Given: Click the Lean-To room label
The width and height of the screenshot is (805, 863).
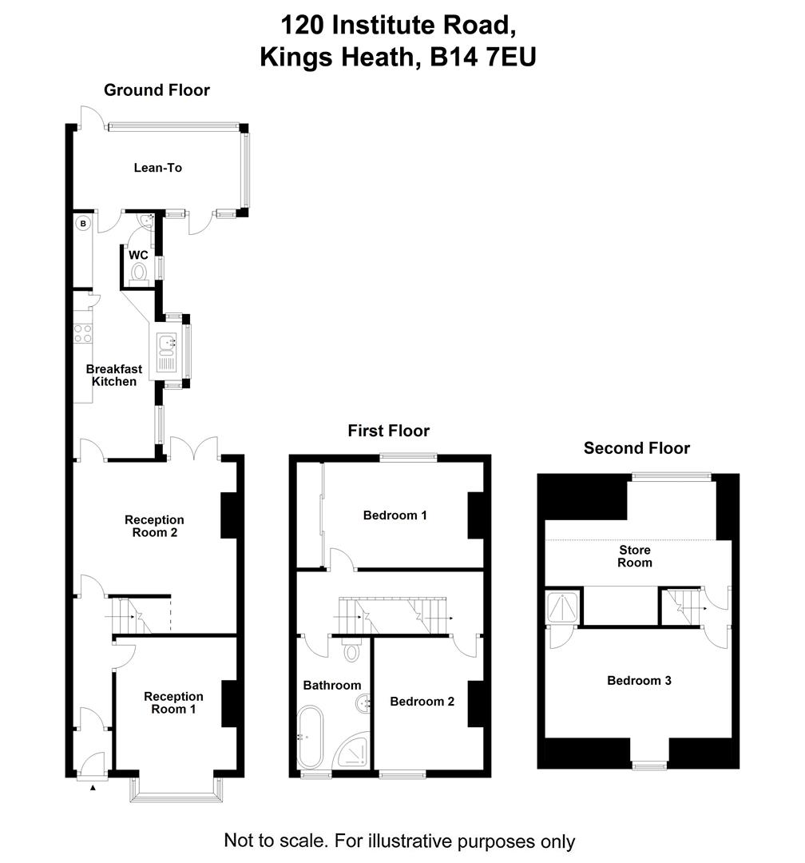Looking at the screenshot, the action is click(x=157, y=168).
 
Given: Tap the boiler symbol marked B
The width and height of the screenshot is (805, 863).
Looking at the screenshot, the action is click(x=82, y=225).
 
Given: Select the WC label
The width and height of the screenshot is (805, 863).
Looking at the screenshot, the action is click(x=139, y=255).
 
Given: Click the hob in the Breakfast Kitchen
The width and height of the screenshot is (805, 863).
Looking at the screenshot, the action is click(x=83, y=332).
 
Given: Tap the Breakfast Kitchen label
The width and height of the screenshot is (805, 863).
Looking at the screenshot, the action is click(x=114, y=376).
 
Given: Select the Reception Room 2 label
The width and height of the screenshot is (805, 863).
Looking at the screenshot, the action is click(x=154, y=526).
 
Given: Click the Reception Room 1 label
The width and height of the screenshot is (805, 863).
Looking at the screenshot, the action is click(x=173, y=702).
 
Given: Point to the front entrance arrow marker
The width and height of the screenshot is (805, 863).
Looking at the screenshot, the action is click(x=93, y=788).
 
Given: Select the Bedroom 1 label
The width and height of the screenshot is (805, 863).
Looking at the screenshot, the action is click(x=395, y=515).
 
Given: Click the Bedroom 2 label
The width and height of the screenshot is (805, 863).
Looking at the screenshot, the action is click(x=422, y=702).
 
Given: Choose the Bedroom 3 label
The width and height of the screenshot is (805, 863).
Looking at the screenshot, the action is click(x=639, y=681).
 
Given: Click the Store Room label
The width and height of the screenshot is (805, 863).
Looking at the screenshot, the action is click(x=635, y=556).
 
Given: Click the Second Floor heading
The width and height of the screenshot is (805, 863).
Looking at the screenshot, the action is click(x=636, y=448).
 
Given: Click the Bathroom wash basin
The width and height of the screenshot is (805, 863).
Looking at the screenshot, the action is click(x=363, y=704).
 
